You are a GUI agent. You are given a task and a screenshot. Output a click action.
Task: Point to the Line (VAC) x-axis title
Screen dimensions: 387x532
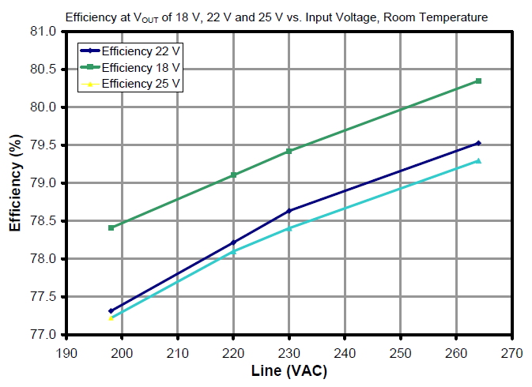(x=289, y=370)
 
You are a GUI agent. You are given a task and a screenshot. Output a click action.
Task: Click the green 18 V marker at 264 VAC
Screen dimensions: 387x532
(x=478, y=81)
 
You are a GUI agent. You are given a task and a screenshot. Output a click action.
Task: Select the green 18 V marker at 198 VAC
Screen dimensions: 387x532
(x=111, y=227)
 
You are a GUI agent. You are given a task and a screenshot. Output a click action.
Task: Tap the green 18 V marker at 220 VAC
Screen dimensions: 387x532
(x=233, y=175)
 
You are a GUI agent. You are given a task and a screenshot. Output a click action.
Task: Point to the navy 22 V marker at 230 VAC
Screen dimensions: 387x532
(x=289, y=211)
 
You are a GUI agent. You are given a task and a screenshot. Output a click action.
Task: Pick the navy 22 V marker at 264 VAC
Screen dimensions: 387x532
(x=478, y=143)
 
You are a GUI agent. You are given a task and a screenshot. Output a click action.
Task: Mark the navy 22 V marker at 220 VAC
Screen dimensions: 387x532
(x=233, y=242)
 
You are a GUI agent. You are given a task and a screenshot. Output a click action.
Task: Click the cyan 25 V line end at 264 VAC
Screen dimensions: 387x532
(x=478, y=161)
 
